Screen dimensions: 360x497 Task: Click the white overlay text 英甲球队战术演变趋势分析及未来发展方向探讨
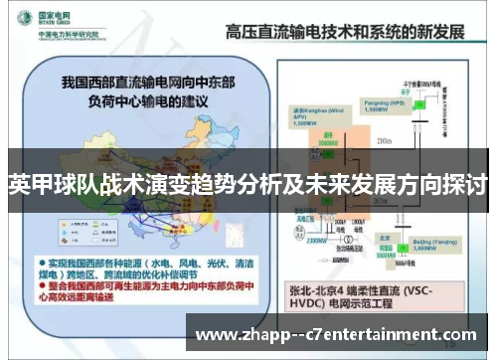coord(248,185)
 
